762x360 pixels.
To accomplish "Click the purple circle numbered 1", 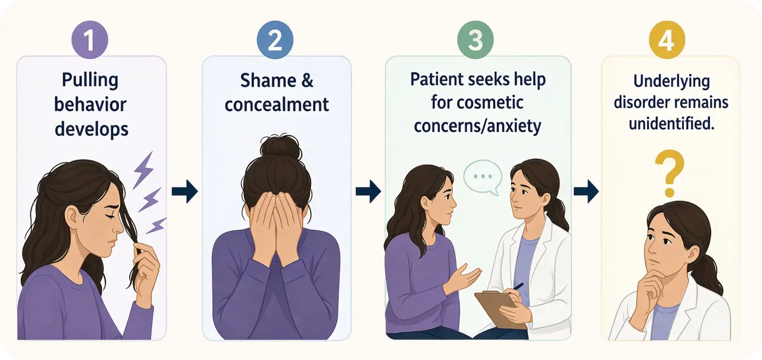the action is click(90, 39).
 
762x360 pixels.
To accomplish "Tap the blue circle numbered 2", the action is click(275, 39).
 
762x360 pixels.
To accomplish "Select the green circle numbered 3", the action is click(475, 39).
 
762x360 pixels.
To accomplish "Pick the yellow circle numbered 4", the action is click(667, 39).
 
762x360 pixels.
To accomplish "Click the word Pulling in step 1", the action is click(90, 81).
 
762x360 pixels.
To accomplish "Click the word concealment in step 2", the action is click(277, 105).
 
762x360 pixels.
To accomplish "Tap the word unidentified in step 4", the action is click(671, 124).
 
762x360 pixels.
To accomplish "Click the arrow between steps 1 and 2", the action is click(185, 191).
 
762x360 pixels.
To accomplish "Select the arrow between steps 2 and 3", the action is click(369, 191).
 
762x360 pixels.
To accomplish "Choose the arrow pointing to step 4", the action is click(586, 191).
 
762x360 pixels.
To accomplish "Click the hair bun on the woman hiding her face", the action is click(281, 148).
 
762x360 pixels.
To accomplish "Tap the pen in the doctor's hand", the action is click(518, 287).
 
